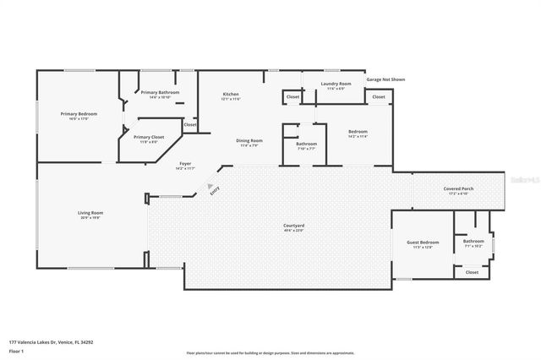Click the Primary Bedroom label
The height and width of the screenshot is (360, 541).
pyautogui.click(x=79, y=113)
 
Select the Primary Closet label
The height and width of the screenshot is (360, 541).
pyautogui.click(x=148, y=137)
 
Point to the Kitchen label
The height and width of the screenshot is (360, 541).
pyautogui.click(x=231, y=94)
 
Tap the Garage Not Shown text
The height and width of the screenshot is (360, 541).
pyautogui.click(x=385, y=79)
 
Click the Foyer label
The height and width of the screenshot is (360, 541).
pyautogui.click(x=184, y=164)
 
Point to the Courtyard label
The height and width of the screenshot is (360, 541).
pyautogui.click(x=293, y=226)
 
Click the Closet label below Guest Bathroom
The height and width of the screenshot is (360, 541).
pyautogui.click(x=472, y=272)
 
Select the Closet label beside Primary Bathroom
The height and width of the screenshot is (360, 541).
pyautogui.click(x=190, y=124)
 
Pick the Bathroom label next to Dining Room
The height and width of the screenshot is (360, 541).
pyautogui.click(x=306, y=144)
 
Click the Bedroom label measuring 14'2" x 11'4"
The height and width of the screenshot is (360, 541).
pyautogui.click(x=358, y=132)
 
